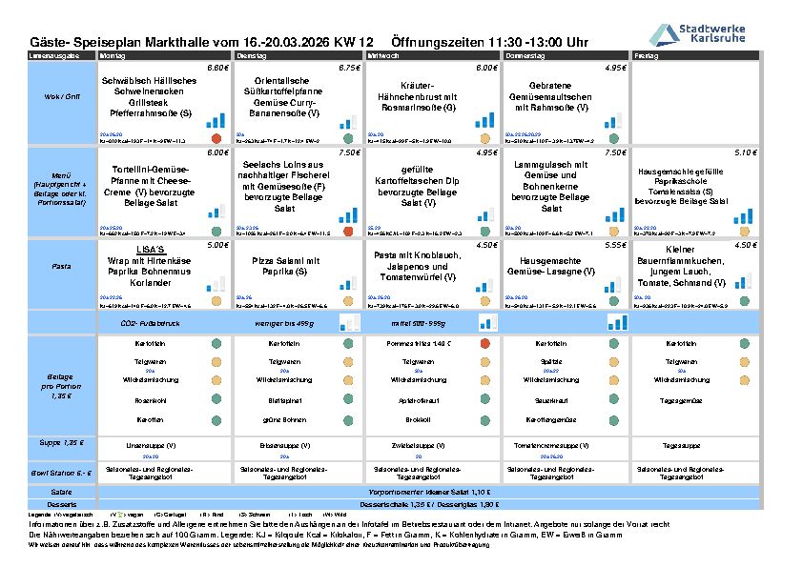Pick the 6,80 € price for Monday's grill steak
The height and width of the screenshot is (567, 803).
(217, 69)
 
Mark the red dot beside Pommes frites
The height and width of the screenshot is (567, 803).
(484, 343)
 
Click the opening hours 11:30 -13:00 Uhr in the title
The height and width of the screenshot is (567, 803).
(490, 43)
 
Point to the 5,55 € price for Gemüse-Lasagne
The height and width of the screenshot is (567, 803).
(614, 245)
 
